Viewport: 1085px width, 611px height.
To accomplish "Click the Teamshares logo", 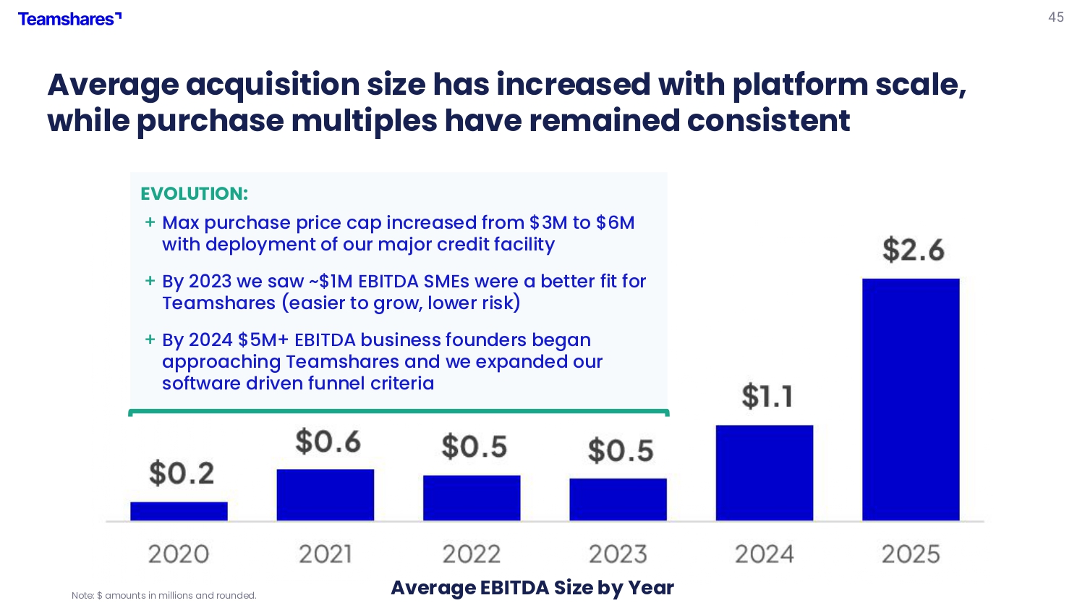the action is (69, 19).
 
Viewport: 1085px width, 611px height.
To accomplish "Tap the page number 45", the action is (1056, 17).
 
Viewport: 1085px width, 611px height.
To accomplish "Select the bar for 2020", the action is (179, 512).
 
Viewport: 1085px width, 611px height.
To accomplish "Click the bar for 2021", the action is (325, 495).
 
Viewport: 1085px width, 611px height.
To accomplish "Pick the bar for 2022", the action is (472, 498).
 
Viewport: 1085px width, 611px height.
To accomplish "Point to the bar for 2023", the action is (618, 500).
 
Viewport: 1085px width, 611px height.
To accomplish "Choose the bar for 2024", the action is (765, 473).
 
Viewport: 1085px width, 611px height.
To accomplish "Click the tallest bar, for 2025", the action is (911, 400).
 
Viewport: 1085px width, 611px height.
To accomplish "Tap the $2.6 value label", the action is (913, 250).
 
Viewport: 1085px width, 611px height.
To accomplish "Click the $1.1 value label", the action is (767, 396).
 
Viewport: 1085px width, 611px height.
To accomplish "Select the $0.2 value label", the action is (181, 473).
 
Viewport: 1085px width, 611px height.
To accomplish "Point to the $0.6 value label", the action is (328, 442).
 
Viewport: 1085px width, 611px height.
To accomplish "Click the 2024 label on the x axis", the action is (765, 555).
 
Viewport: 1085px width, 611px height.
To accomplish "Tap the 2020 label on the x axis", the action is (178, 555).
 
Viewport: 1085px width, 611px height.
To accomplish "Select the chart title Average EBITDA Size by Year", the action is (532, 588).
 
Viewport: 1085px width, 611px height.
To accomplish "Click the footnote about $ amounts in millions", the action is (163, 596).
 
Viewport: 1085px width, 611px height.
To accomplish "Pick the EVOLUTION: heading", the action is (195, 193).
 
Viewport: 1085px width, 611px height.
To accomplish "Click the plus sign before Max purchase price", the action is (150, 222).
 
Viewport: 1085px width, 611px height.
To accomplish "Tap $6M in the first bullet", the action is (615, 222).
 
